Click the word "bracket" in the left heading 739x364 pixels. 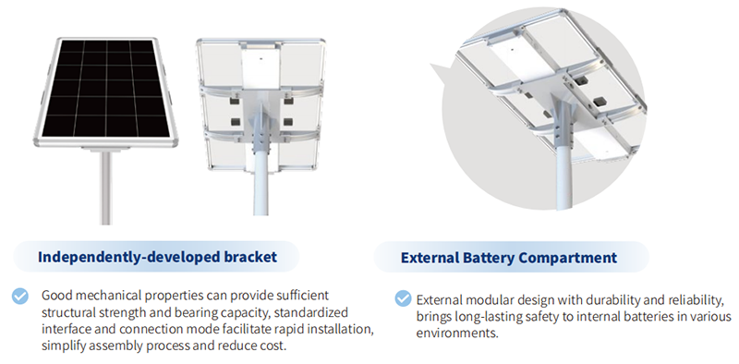pyautogui.click(x=250, y=257)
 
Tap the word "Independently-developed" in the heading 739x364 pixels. pyautogui.click(x=129, y=258)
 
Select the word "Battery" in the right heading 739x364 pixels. pyautogui.click(x=489, y=258)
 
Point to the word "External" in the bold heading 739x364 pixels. pyautogui.click(x=430, y=258)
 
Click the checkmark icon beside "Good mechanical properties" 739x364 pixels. pyautogui.click(x=19, y=297)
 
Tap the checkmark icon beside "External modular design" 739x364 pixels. pyautogui.click(x=403, y=298)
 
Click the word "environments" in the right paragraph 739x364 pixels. pyautogui.click(x=456, y=333)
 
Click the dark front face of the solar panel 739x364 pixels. pyautogui.click(x=105, y=88)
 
